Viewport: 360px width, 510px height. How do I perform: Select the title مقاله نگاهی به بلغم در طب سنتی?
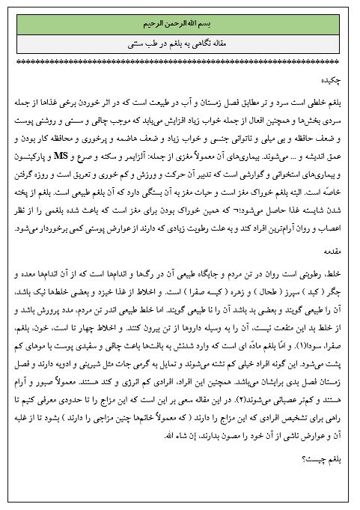click(180, 43)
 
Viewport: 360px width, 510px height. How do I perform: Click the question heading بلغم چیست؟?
click(325, 479)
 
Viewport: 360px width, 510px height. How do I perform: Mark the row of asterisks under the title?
click(180, 63)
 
